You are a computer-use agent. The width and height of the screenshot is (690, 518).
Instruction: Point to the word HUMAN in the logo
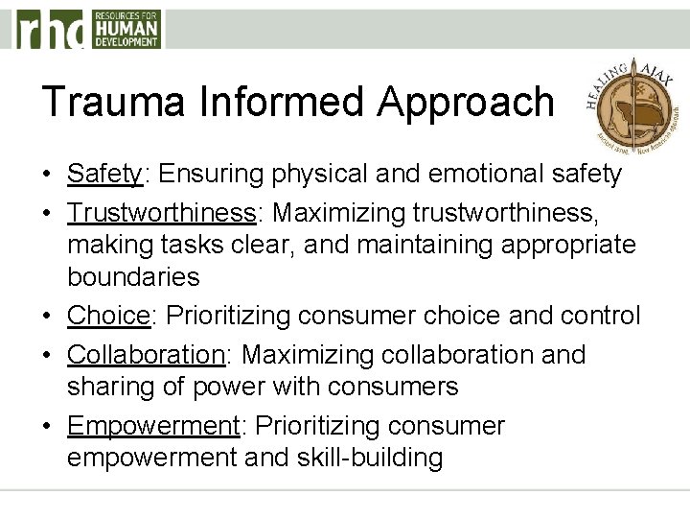[126, 28]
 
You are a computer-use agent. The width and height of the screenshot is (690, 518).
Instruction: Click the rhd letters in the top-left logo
[49, 30]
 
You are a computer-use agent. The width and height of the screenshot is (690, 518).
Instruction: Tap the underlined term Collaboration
[145, 354]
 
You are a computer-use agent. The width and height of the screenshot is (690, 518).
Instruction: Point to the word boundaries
[133, 277]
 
